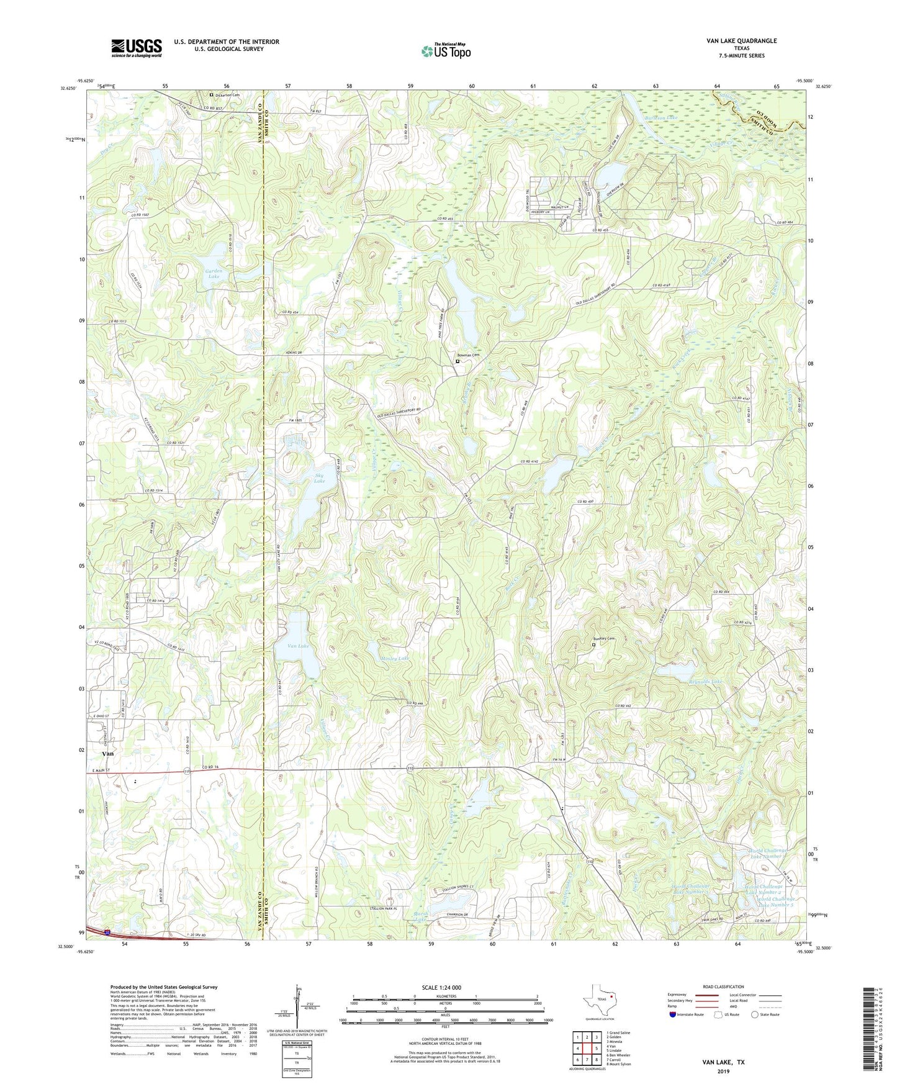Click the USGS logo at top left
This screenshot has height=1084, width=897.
tap(137, 48)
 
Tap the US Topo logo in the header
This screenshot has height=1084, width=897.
tap(446, 51)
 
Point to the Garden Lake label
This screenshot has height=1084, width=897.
tap(214, 274)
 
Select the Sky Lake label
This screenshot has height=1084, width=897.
tap(319, 478)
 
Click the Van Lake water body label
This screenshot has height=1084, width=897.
tap(298, 646)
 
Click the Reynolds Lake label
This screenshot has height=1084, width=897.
tap(705, 682)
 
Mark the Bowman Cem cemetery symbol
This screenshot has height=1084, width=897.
tap(458, 361)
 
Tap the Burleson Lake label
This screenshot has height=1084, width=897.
tap(661, 117)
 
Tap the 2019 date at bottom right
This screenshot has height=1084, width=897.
tap(723, 1071)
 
